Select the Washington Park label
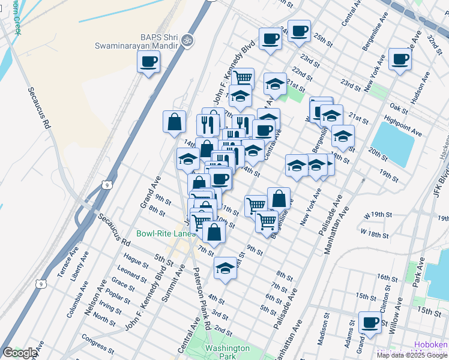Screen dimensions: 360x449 226,352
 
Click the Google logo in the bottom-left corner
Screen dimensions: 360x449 20,353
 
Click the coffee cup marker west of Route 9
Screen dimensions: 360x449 148,61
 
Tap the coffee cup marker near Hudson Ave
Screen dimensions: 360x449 400,59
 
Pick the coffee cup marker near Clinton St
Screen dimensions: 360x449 370,322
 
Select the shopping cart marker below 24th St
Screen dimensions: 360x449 243,78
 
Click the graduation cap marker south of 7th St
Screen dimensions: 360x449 225,268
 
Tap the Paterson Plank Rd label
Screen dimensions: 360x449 202,298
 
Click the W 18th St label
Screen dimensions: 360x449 375,231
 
